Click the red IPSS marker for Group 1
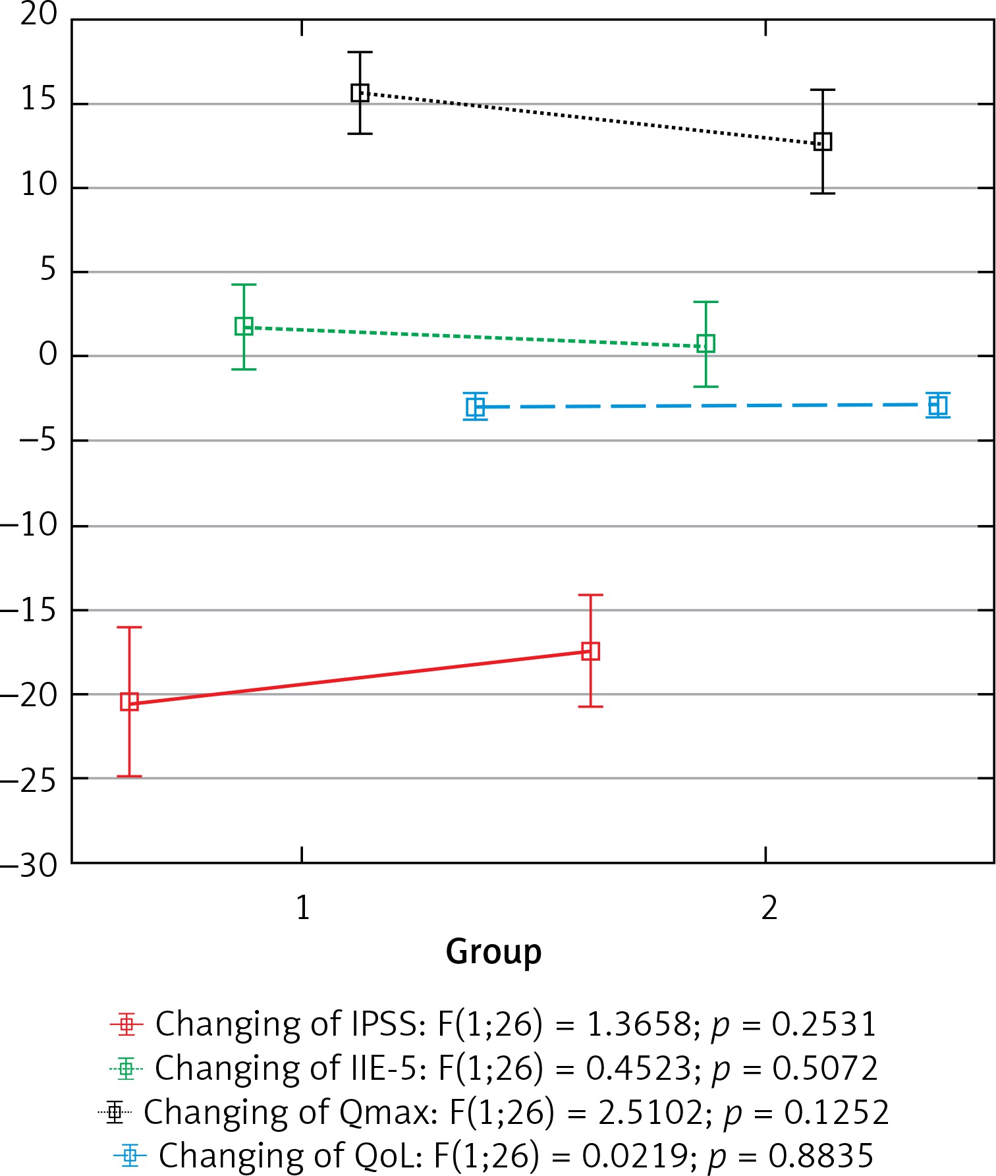point(129,701)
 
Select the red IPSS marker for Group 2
point(591,651)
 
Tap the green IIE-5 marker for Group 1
point(244,326)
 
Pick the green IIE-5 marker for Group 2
point(705,343)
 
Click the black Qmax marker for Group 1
point(360,93)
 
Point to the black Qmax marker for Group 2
point(822,142)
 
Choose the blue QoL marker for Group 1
point(476,407)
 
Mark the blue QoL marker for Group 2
point(937,405)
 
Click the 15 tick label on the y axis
point(39,100)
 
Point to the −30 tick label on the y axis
point(30,865)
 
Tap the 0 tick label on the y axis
point(48,355)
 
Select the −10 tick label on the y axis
point(30,525)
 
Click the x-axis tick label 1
point(302,908)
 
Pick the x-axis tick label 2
point(769,908)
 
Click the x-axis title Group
point(493,952)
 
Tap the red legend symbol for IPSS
point(126,1024)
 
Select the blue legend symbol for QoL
point(130,1155)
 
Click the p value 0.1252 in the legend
point(837,1112)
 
